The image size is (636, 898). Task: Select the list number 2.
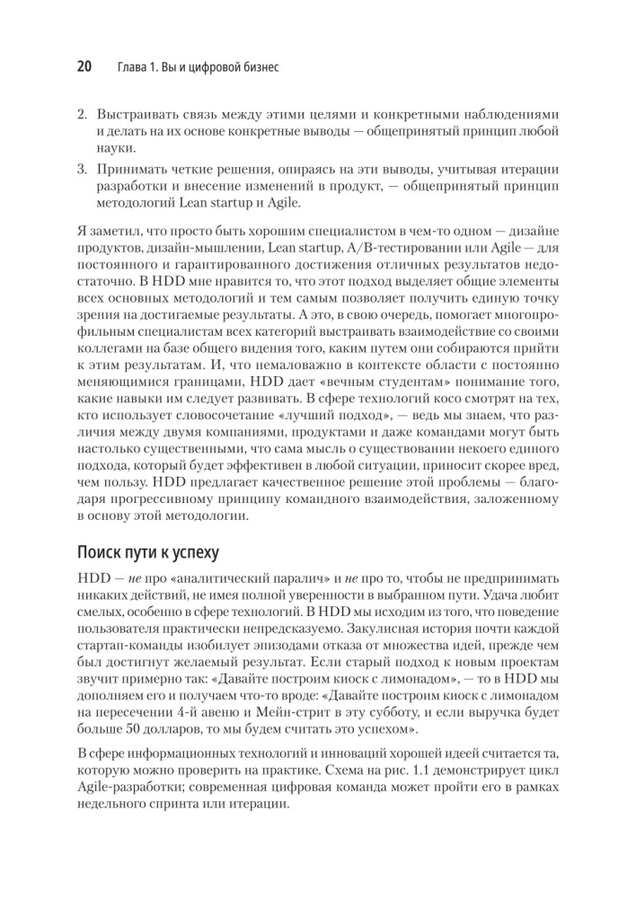[x=79, y=116]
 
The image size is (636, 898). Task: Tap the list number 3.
[x=79, y=170]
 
